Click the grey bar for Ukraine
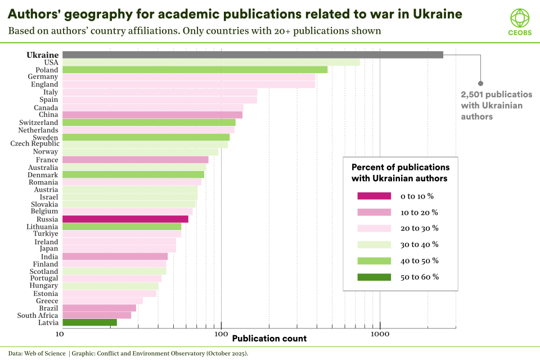253,55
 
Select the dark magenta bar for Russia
125,219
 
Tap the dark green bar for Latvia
89,322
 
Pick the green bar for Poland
195,70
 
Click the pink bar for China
152,115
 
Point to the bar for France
135,160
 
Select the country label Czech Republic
34,144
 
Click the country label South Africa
38,316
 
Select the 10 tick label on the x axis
58,334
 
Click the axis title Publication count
269,339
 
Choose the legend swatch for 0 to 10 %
373,196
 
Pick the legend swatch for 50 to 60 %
373,277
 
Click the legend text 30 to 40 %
419,244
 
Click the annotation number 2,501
473,94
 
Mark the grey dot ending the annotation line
480,83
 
